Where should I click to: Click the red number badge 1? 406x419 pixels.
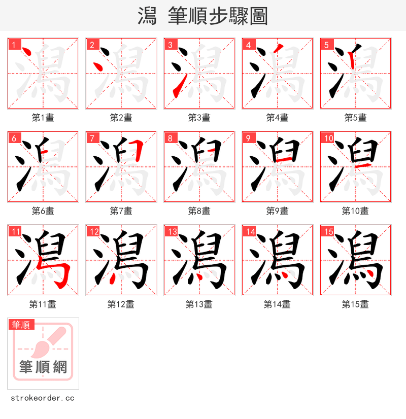point(13,45)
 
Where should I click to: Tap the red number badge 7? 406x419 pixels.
point(91,138)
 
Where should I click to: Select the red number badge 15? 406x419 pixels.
point(327,231)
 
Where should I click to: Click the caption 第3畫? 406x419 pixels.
point(199,118)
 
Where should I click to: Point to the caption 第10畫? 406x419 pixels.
point(355,211)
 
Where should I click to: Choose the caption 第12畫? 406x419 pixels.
point(121,304)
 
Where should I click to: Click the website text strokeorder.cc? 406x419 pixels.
point(43,398)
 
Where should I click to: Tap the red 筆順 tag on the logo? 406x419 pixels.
point(21,325)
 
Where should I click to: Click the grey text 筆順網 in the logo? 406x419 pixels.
point(43,366)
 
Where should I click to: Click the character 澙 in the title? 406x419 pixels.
point(147,16)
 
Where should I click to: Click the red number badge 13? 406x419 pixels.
point(171,231)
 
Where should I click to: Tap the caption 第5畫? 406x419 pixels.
point(355,118)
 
